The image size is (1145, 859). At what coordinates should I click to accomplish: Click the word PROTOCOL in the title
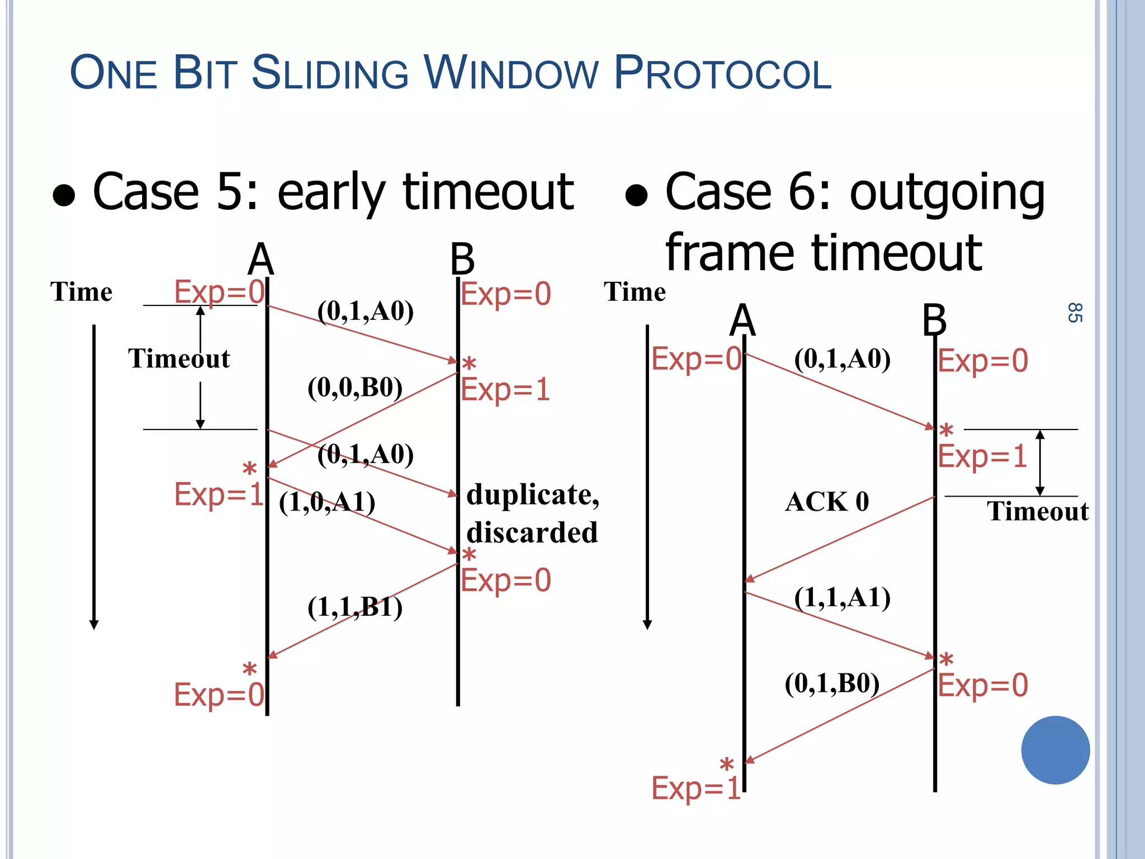click(722, 74)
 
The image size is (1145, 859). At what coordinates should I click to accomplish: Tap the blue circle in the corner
click(1055, 750)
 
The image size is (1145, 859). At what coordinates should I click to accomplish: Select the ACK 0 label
click(827, 502)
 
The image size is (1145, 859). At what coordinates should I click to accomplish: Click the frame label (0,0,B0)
click(355, 388)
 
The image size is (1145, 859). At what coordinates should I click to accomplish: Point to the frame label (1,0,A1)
click(327, 502)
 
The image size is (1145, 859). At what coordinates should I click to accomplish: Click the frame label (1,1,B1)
click(355, 607)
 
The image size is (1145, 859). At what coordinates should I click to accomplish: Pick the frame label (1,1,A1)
click(842, 598)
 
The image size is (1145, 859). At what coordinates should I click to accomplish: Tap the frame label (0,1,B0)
click(832, 683)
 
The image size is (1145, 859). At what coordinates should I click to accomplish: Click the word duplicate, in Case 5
click(532, 495)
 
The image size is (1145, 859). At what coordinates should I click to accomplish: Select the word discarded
click(532, 532)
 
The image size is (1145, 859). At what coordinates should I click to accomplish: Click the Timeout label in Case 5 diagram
click(179, 358)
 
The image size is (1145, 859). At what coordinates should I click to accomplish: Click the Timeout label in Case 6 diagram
click(1037, 512)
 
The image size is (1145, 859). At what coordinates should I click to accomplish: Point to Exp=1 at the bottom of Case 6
click(695, 789)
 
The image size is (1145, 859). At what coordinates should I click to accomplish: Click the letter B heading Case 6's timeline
click(934, 320)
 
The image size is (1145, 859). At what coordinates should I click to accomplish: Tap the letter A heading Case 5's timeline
click(261, 259)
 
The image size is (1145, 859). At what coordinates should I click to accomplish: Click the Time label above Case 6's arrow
click(635, 292)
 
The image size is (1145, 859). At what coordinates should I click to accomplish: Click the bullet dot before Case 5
click(64, 196)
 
